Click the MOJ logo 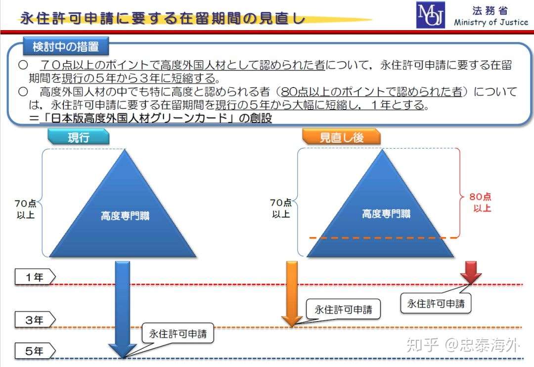click(x=431, y=15)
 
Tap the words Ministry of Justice click(x=491, y=22)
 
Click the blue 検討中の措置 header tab click(x=66, y=46)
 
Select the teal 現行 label click(x=79, y=137)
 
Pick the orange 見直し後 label click(x=341, y=137)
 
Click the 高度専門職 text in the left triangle click(x=125, y=216)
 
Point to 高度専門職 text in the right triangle click(x=386, y=213)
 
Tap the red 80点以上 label click(x=481, y=202)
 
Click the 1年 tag click(x=35, y=277)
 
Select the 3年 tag click(x=35, y=320)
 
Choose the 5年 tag click(x=35, y=351)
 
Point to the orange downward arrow click(x=292, y=294)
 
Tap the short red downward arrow click(x=471, y=272)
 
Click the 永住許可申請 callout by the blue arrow click(x=178, y=333)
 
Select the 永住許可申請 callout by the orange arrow click(x=343, y=309)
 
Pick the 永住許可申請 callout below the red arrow click(x=436, y=303)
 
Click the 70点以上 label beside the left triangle click(x=26, y=209)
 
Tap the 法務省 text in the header click(x=490, y=10)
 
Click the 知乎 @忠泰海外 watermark click(x=463, y=345)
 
